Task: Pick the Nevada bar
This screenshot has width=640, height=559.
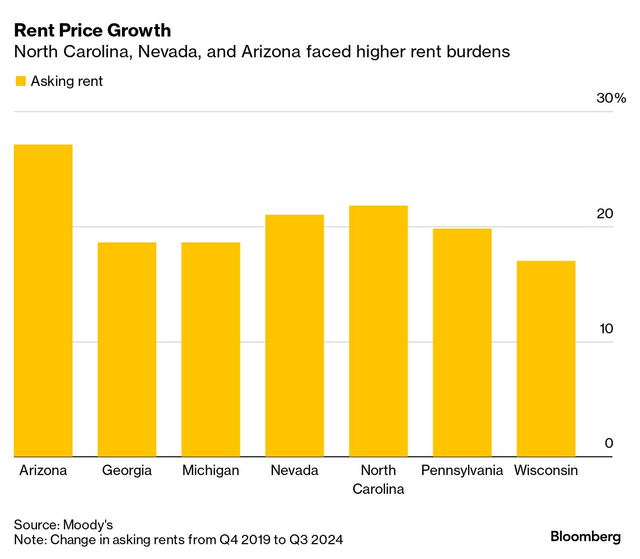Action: point(294,335)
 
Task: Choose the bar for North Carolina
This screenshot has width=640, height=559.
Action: point(378,331)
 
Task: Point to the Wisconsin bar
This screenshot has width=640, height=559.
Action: point(546,359)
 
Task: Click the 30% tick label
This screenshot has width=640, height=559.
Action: point(611,98)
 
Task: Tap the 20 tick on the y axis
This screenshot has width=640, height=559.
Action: point(605,214)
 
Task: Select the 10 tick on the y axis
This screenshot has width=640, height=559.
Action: point(606,329)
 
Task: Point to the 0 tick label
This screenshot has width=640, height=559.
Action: point(609,443)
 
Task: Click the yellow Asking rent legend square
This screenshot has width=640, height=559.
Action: point(20,81)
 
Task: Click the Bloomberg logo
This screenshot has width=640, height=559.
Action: point(586,536)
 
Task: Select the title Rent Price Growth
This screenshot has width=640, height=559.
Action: point(93,31)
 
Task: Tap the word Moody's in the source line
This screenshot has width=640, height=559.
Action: point(88,524)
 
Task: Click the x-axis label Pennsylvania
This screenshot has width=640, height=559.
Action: point(462,470)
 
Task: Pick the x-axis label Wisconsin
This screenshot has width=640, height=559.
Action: point(546,470)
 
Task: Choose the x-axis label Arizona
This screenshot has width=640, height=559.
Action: point(43,470)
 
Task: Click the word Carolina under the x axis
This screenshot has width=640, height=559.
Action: point(378,489)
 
